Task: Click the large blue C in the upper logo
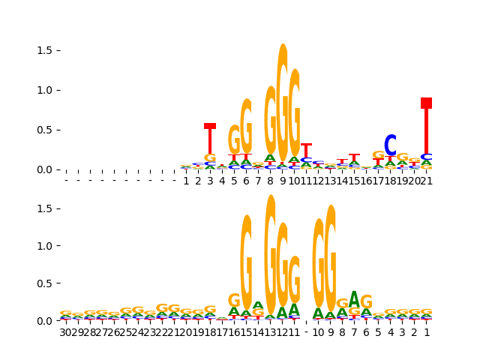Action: [x=390, y=146]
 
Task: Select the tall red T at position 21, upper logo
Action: [x=426, y=127]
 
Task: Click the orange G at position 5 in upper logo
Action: [x=234, y=139]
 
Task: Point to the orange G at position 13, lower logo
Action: [x=270, y=255]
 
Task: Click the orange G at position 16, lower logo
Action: [x=234, y=301]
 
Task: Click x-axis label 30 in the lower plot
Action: [x=66, y=332]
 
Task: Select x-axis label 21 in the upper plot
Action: [x=426, y=181]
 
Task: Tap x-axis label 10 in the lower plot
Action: [x=318, y=332]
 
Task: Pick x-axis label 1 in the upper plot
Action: [x=186, y=181]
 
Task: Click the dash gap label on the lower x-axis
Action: [x=306, y=332]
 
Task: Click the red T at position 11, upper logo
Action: [x=306, y=150]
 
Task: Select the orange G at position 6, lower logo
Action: [x=366, y=302]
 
